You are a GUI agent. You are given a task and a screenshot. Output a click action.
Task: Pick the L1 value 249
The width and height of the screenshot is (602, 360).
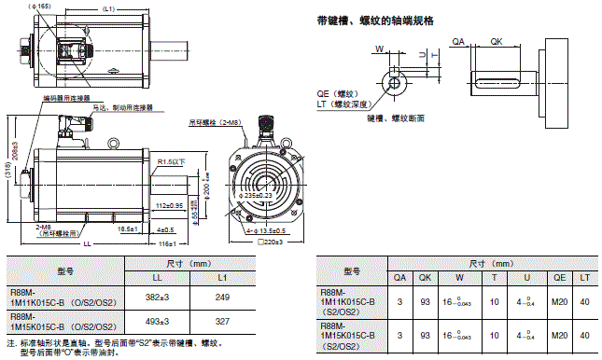click(222, 297)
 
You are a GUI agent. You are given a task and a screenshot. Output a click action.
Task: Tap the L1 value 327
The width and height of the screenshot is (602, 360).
click(222, 324)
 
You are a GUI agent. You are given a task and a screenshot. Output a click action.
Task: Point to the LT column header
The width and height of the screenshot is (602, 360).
click(585, 277)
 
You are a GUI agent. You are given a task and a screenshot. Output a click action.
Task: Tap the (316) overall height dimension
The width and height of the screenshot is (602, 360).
click(7, 173)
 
